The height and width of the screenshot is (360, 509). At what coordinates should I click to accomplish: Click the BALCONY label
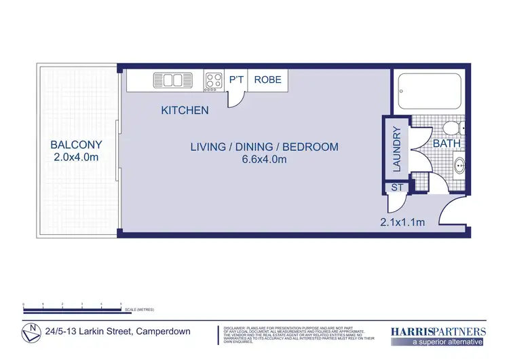pyautogui.click(x=76, y=145)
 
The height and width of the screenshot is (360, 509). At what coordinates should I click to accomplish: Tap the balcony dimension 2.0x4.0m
pyautogui.click(x=76, y=158)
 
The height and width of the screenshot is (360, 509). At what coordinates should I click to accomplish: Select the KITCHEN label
pyautogui.click(x=185, y=110)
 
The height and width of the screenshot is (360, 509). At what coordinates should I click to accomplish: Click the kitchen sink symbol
pyautogui.click(x=168, y=80)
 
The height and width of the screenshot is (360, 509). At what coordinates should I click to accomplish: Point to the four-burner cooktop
pyautogui.click(x=214, y=81)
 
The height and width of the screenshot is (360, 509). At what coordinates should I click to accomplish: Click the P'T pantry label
pyautogui.click(x=236, y=80)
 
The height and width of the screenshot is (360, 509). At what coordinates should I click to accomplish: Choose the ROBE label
pyautogui.click(x=267, y=80)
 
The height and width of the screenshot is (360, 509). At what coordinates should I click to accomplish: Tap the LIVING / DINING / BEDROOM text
pyautogui.click(x=264, y=147)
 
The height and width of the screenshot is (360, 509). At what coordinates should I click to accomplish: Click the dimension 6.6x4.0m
pyautogui.click(x=264, y=160)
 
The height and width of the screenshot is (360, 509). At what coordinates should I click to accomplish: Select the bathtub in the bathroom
pyautogui.click(x=429, y=93)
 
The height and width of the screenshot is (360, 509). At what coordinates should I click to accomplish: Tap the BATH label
pyautogui.click(x=447, y=144)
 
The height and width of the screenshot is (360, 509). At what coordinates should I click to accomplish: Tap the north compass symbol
pyautogui.click(x=29, y=333)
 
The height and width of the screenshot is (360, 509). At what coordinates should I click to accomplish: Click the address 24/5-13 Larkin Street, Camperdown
pyautogui.click(x=117, y=332)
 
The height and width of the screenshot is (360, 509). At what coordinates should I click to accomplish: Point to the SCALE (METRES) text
pyautogui.click(x=139, y=310)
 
